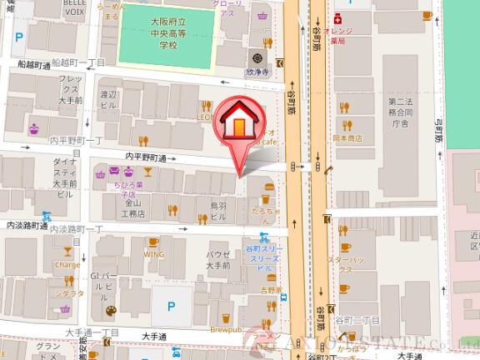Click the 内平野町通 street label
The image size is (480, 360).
(x=146, y=157)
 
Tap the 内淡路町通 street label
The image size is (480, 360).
(x=27, y=226)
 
